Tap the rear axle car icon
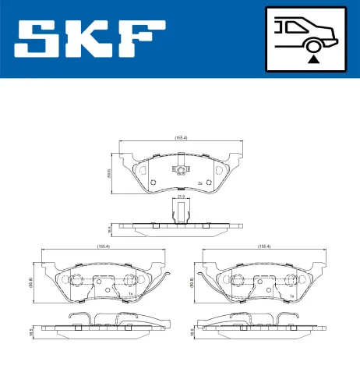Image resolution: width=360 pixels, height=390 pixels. click(x=312, y=31)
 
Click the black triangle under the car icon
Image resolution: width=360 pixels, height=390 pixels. click(x=312, y=58)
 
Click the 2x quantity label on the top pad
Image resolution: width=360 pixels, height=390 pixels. click(x=200, y=183)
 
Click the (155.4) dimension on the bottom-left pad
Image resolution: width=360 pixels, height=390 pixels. click(x=102, y=246)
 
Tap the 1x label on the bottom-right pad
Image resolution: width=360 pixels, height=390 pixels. click(x=292, y=296)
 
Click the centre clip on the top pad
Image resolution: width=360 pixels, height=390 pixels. click(x=181, y=172)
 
